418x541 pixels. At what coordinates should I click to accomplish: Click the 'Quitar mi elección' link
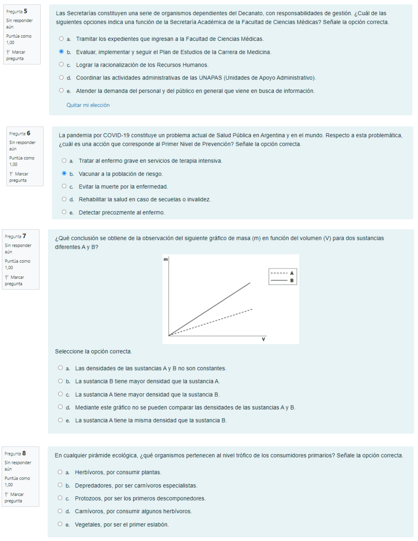click(88, 105)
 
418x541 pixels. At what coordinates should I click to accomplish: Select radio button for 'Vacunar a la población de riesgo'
click(64, 173)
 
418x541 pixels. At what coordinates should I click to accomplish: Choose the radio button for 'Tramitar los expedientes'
click(61, 39)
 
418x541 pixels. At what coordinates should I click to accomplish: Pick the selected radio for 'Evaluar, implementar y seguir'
click(61, 52)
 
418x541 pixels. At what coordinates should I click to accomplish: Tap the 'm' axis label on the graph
click(165, 260)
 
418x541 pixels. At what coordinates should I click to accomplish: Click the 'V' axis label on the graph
click(263, 339)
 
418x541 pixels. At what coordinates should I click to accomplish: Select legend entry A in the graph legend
click(282, 273)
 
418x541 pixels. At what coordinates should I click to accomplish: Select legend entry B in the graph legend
click(282, 280)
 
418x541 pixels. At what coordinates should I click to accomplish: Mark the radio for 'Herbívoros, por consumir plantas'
click(60, 472)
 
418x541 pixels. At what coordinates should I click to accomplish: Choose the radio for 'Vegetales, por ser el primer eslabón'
click(60, 524)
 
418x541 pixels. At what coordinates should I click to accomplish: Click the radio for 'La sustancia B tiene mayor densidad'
click(61, 381)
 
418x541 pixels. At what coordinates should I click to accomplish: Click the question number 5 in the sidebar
click(26, 11)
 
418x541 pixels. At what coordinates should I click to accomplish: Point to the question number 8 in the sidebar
click(24, 453)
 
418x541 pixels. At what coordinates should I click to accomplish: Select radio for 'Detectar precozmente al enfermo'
click(64, 212)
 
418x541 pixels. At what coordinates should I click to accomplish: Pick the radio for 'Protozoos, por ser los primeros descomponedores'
click(60, 498)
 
